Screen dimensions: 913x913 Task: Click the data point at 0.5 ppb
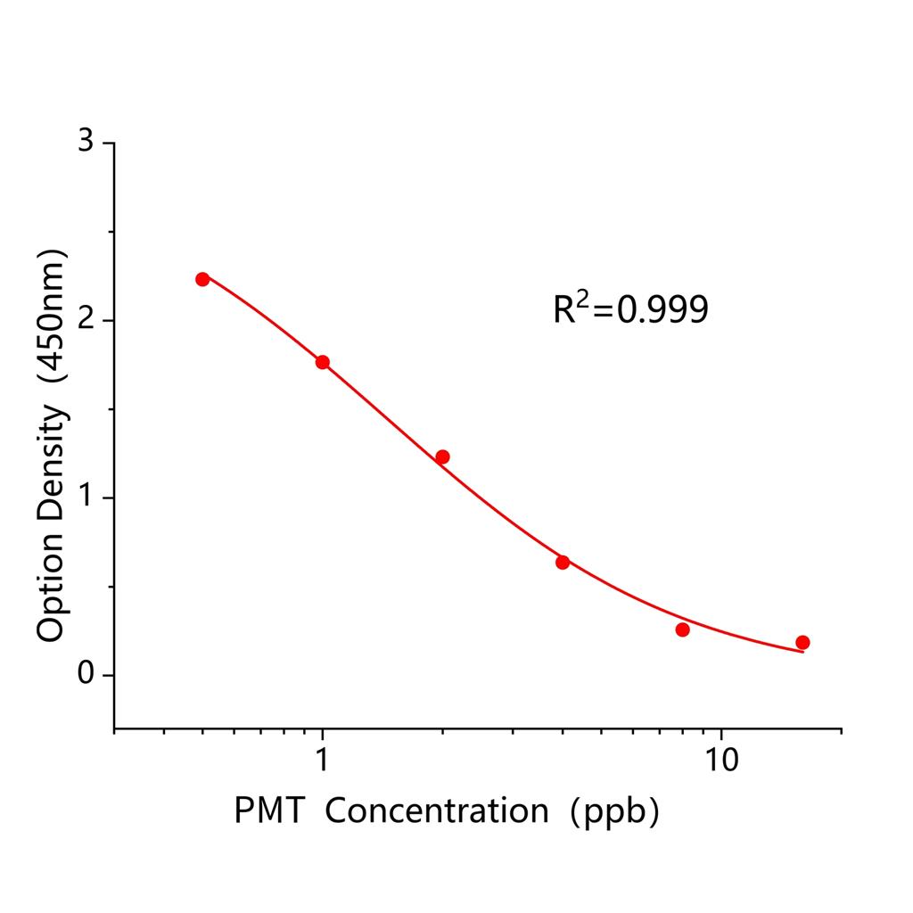(x=202, y=279)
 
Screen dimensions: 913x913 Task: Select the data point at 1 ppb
(x=323, y=362)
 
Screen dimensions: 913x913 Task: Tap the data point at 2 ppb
(x=442, y=456)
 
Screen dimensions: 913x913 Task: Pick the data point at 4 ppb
(x=563, y=563)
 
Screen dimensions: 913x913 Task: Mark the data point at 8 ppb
(x=683, y=629)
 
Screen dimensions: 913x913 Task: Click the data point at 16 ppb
(x=802, y=642)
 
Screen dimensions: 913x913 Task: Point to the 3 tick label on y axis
(x=86, y=143)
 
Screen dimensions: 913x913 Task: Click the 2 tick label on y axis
(x=86, y=320)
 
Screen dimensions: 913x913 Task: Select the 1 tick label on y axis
(x=86, y=498)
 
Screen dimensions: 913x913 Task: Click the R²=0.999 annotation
(x=630, y=309)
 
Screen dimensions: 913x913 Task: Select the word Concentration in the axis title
(x=442, y=810)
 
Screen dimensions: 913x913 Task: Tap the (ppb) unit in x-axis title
(x=617, y=811)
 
